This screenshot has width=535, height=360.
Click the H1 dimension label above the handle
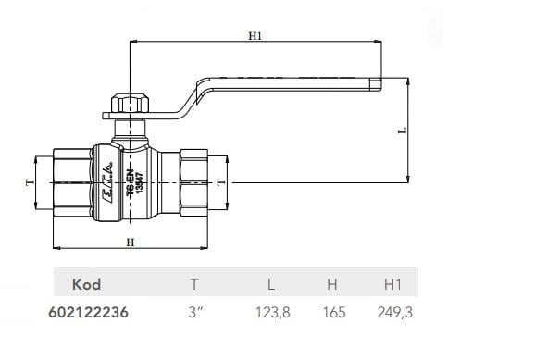coord(255,36)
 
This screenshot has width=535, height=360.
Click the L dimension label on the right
coord(403,130)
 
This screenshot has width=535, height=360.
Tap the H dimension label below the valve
coord(131,242)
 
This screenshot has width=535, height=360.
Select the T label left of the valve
coord(30,182)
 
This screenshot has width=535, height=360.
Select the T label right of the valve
coord(221,182)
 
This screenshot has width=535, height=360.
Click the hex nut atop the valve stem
coord(130,104)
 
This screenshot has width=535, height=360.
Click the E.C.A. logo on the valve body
coord(107,182)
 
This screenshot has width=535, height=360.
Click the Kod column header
coord(86,284)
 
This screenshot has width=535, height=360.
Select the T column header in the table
coord(194,284)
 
